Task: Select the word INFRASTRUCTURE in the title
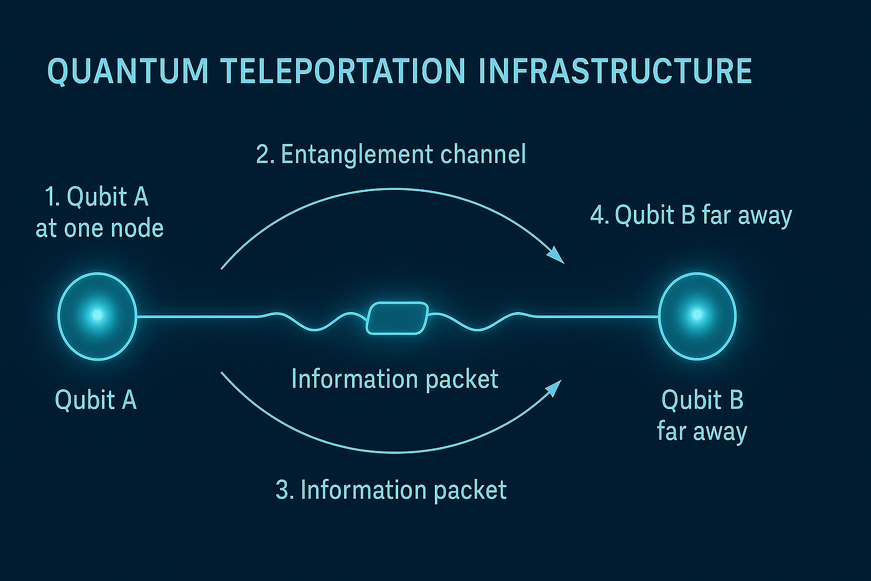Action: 615,71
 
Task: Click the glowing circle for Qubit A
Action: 97,316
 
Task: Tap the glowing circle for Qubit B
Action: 697,316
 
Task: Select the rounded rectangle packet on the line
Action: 398,318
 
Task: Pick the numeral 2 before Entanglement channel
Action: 263,154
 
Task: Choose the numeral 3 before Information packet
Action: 283,490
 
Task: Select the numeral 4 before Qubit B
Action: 598,215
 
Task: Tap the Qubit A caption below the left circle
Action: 96,400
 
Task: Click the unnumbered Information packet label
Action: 395,379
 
